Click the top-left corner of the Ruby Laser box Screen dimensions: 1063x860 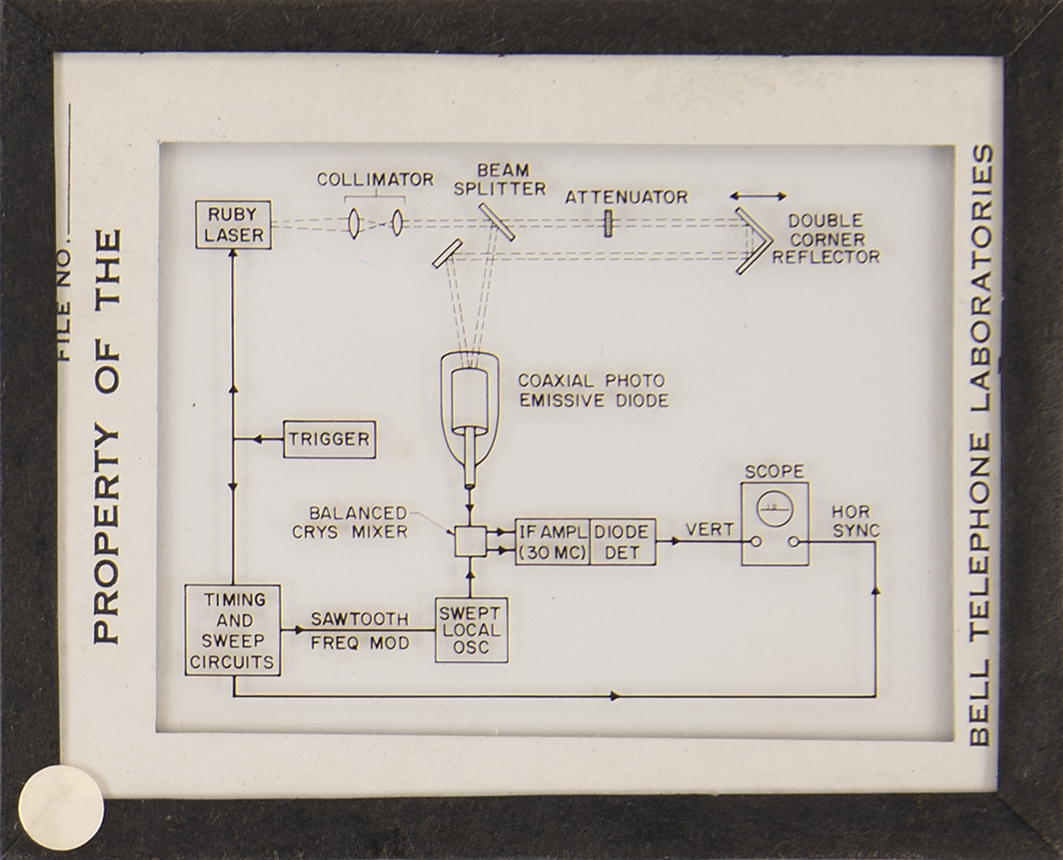(196, 201)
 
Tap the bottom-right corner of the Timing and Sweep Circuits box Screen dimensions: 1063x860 (280, 676)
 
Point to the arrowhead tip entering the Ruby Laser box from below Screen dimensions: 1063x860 (233, 250)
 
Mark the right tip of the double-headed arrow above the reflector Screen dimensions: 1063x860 (786, 197)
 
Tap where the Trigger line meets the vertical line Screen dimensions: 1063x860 (233, 440)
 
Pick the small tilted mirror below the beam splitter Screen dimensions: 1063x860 (446, 253)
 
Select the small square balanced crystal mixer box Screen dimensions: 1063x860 (470, 542)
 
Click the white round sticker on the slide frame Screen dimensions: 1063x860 (62, 807)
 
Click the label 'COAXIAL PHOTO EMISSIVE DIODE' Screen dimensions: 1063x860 (593, 391)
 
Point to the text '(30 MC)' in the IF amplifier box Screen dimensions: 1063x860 (552, 553)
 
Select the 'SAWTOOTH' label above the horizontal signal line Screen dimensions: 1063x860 (360, 619)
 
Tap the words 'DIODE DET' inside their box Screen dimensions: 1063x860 (622, 542)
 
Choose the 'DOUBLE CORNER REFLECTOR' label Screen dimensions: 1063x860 (826, 239)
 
